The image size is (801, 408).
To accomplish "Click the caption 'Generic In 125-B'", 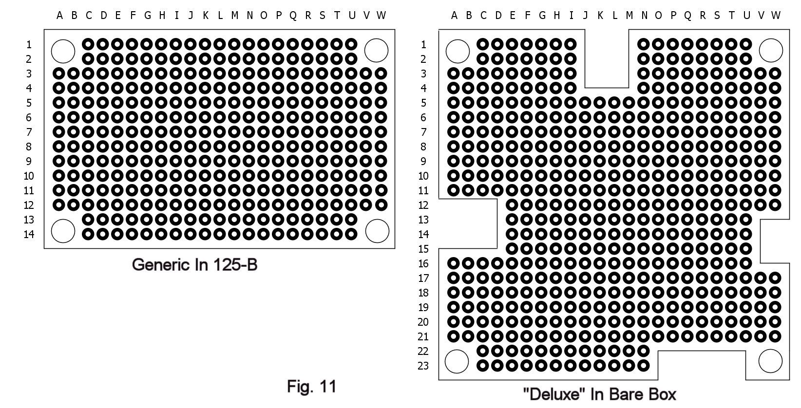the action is [x=194, y=265].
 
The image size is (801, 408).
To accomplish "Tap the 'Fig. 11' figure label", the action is [x=312, y=387].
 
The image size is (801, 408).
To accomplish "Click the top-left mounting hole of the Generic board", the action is [x=63, y=51].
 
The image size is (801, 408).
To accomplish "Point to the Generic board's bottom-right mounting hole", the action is [x=377, y=231].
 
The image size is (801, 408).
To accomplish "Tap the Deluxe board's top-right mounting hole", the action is [x=771, y=50].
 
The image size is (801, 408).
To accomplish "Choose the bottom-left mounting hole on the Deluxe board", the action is [x=457, y=362].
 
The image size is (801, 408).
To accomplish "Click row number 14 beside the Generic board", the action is [x=29, y=234].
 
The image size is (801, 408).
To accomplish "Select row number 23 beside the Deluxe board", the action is [x=423, y=366].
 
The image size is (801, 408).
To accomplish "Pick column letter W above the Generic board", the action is [x=381, y=16].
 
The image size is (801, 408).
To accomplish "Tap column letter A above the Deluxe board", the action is [x=454, y=16].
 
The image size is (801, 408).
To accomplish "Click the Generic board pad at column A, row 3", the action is [x=58, y=74].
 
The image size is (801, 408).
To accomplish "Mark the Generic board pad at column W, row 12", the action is [x=381, y=205].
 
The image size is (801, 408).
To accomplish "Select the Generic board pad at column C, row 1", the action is [x=88, y=45].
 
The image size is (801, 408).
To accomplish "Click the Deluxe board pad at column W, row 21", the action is [x=775, y=336].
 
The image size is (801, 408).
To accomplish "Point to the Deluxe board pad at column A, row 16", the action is [x=454, y=264].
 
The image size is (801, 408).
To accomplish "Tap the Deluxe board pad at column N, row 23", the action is [x=644, y=366].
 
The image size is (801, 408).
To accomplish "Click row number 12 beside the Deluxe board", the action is [x=423, y=205].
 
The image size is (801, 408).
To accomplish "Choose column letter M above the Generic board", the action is [x=234, y=16].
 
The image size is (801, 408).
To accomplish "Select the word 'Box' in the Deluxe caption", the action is [x=663, y=394].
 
